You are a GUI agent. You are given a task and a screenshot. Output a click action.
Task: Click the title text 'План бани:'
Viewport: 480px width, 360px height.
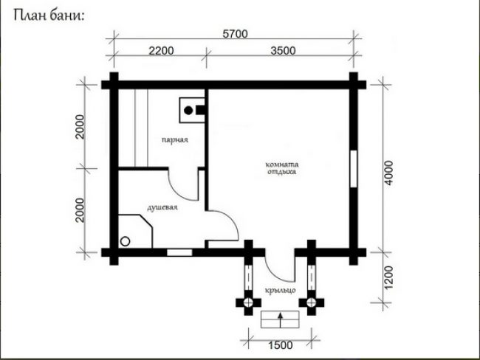49,15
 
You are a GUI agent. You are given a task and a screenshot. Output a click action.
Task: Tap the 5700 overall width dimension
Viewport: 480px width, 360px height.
235,34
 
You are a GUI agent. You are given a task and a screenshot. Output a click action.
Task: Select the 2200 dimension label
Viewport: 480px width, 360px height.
161,50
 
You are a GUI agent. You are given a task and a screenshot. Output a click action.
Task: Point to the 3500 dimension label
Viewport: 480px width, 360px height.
283,50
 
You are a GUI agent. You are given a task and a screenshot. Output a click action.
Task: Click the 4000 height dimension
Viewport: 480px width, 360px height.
388,173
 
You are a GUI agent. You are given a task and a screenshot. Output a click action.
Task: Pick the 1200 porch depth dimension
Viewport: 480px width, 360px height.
388,277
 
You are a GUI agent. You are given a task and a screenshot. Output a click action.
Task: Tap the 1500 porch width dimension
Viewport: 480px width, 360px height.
281,345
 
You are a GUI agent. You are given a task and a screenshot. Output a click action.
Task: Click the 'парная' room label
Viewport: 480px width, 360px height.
175,139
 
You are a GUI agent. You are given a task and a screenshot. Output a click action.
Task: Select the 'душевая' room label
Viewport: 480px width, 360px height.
162,208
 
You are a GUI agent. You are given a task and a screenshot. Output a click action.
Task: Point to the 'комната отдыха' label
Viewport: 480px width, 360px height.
281,168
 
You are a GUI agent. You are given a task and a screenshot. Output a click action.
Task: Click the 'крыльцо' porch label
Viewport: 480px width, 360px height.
281,290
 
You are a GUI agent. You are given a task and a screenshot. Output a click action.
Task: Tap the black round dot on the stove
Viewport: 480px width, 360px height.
188,111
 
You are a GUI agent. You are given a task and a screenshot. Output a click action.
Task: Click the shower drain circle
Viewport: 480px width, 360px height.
126,241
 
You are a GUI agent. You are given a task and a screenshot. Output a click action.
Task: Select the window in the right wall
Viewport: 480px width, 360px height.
354,169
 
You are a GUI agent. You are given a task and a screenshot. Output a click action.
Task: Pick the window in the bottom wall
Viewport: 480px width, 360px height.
179,252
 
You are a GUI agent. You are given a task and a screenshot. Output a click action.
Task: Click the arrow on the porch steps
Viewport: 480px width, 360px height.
280,320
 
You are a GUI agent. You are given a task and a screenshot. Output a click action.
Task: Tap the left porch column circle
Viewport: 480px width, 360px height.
248,302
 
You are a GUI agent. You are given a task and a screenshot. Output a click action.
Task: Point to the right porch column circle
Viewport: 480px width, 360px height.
312,302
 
